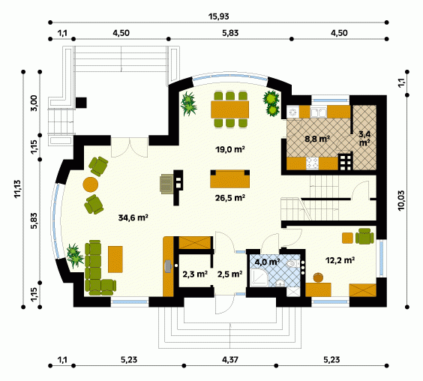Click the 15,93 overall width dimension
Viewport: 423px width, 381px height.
218,16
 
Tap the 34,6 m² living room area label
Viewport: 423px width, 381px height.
133,217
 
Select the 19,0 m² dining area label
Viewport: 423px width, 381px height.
229,149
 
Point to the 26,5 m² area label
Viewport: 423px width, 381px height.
229,198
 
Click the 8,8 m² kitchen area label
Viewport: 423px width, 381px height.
317,139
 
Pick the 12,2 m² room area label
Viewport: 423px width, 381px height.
340,260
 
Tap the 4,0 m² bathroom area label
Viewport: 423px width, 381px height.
267,262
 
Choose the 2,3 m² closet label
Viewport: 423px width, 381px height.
195,274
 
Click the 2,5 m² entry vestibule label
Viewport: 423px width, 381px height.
229,274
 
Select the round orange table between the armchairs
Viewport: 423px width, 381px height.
90,184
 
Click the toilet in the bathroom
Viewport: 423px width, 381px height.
292,263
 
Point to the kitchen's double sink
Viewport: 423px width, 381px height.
319,112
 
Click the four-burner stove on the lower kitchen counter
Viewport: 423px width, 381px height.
312,163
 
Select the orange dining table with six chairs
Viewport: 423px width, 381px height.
229,109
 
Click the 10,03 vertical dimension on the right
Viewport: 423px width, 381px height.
401,200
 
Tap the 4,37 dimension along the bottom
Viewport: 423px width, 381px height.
229,360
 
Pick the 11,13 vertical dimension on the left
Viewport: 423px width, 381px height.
18,189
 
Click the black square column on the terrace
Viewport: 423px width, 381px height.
81,103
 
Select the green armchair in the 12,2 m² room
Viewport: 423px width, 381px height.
364,236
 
